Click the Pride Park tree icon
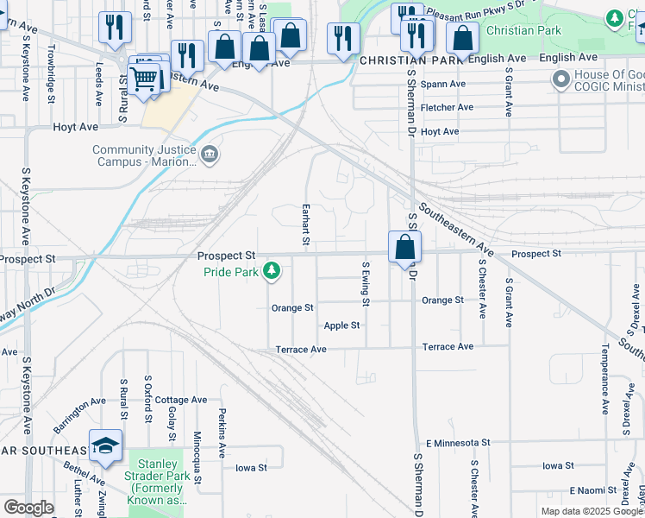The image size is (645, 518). point(272,272)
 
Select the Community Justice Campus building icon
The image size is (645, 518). point(210,155)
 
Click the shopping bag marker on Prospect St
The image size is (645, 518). point(404,249)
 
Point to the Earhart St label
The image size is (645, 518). point(305,224)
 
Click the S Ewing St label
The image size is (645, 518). point(366,284)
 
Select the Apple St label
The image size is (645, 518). point(341,325)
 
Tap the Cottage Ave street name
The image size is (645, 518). point(181,400)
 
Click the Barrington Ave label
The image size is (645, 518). point(78,414)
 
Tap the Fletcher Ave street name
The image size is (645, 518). point(448,107)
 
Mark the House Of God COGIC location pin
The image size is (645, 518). point(561,80)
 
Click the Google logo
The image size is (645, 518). point(28,508)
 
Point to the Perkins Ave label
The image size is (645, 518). point(222,432)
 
